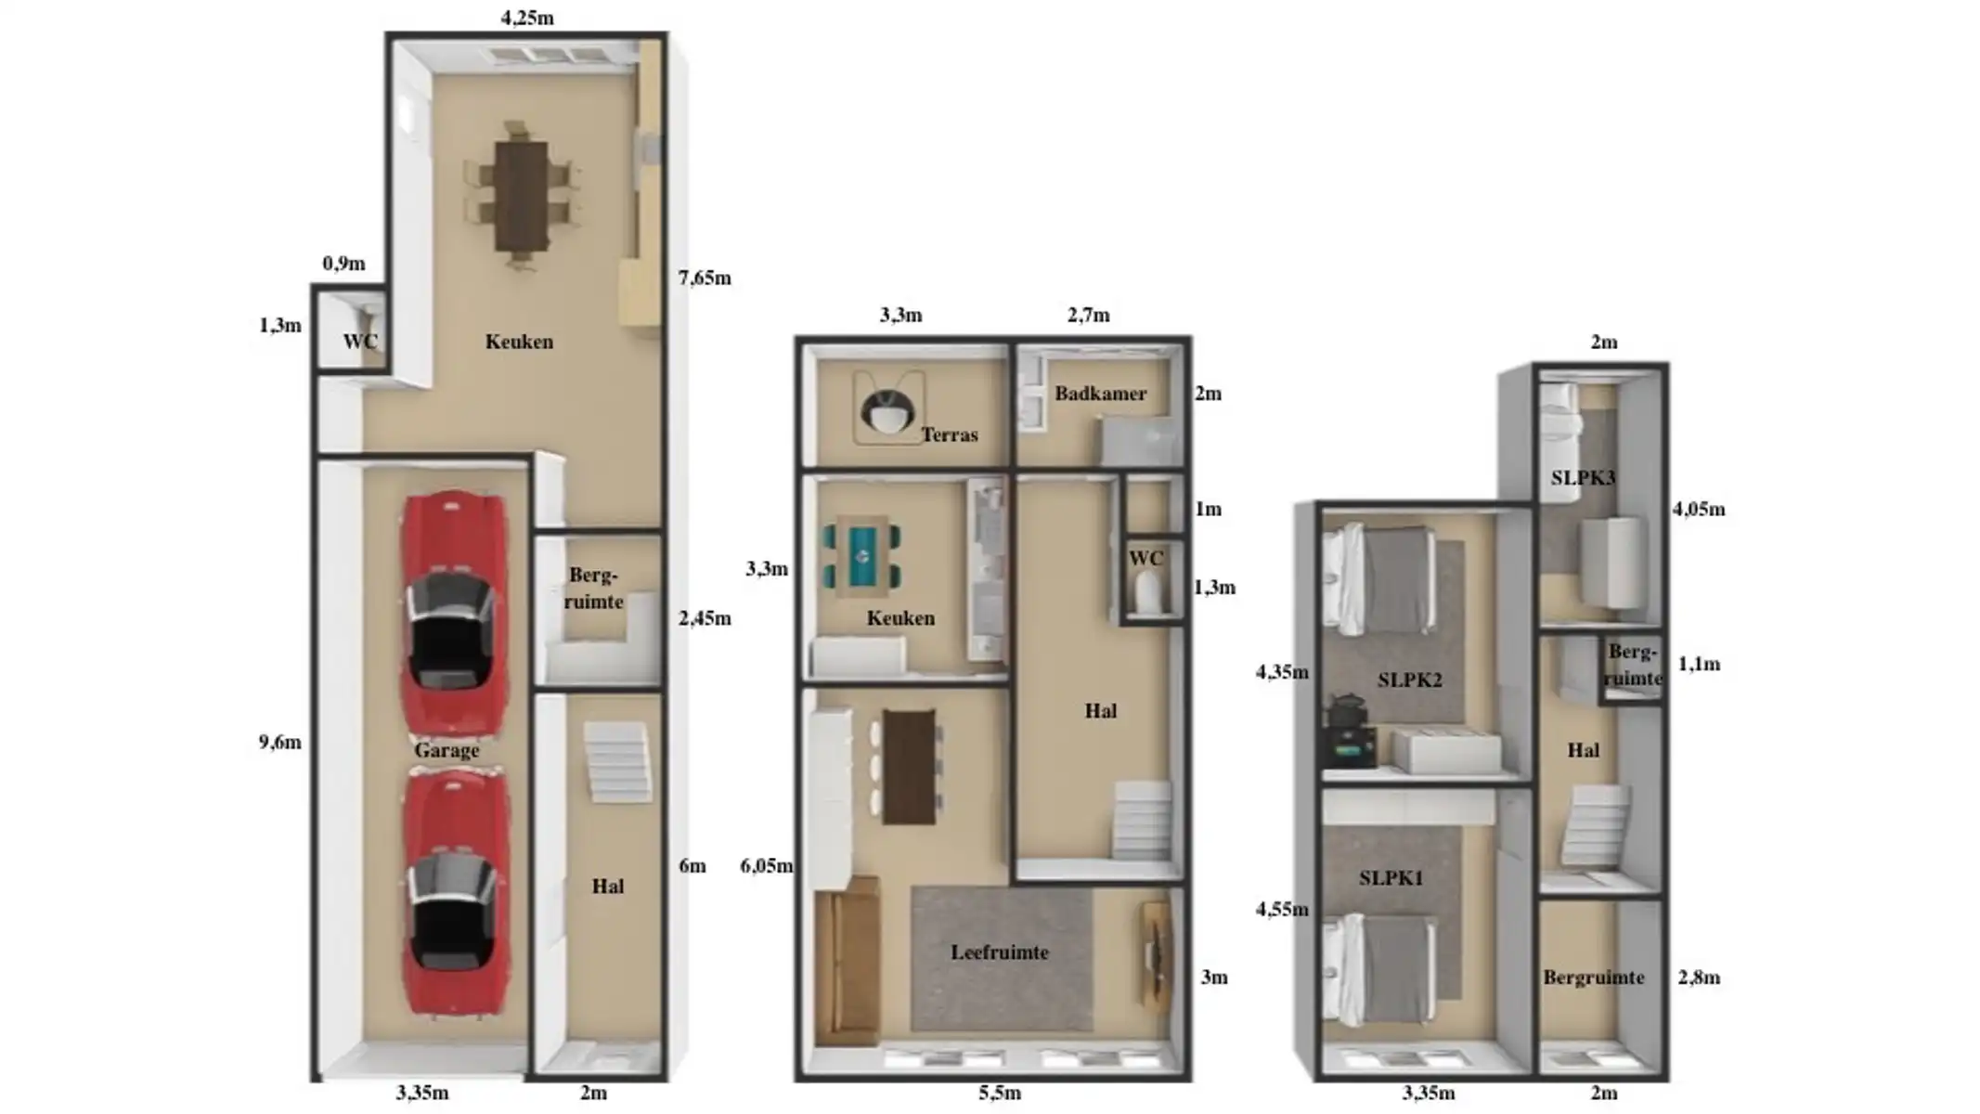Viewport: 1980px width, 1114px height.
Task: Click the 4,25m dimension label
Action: coord(527,18)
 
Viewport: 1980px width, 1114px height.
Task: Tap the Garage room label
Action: coord(446,750)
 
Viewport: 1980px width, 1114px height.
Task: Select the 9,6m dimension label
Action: coord(279,742)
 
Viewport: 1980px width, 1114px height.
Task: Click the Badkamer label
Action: coord(1100,394)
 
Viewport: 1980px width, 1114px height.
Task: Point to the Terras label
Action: coord(950,434)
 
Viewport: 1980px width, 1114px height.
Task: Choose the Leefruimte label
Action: coord(1000,952)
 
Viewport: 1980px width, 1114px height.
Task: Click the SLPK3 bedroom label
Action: coord(1583,478)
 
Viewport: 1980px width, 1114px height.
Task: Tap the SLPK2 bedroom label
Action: coord(1409,680)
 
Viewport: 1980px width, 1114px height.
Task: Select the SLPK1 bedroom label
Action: coord(1391,878)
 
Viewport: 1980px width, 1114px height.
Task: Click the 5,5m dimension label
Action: coord(1000,1094)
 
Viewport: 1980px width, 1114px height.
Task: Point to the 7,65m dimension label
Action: coord(705,278)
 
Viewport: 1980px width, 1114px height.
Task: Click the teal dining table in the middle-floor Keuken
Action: coord(862,555)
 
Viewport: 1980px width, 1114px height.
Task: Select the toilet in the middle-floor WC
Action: coord(1148,592)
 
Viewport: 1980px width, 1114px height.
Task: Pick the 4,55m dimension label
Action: coord(1282,910)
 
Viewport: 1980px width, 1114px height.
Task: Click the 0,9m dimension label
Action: coord(343,264)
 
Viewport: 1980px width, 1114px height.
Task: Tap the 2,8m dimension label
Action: coord(1699,978)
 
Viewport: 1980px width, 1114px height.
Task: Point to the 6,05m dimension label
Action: coord(766,866)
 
